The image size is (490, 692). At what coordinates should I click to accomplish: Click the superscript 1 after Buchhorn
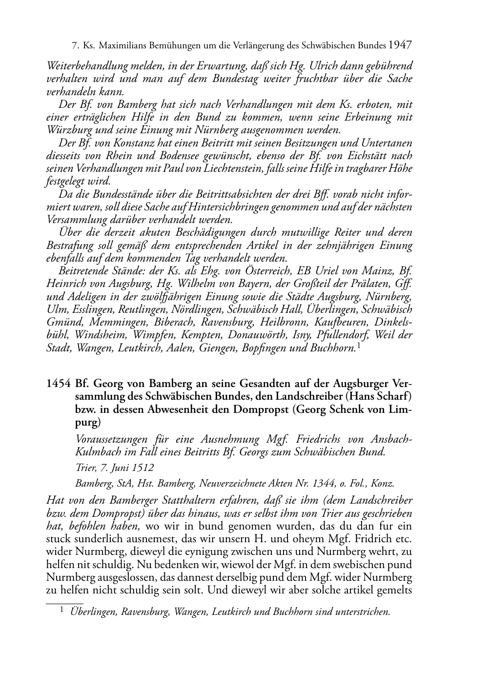(x=359, y=345)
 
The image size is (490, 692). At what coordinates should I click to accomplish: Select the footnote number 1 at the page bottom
(x=62, y=610)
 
